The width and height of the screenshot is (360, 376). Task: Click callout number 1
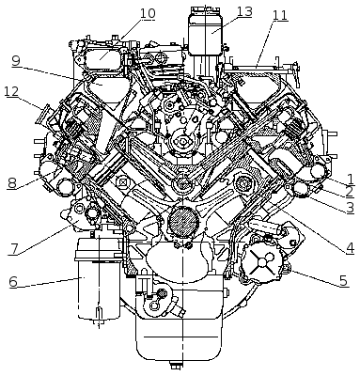pyautogui.click(x=351, y=179)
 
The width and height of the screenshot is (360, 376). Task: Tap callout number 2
pyautogui.click(x=350, y=192)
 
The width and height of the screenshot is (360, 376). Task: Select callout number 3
pyautogui.click(x=350, y=208)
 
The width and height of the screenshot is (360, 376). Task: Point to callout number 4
pyautogui.click(x=350, y=248)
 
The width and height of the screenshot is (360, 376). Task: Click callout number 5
pyautogui.click(x=344, y=280)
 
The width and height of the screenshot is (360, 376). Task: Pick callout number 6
pyautogui.click(x=13, y=282)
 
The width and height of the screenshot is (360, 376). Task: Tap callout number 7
pyautogui.click(x=12, y=249)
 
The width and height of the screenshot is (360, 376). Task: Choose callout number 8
pyautogui.click(x=11, y=183)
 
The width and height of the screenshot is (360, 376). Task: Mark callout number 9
pyautogui.click(x=16, y=60)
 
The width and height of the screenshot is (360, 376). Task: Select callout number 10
pyautogui.click(x=148, y=13)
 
